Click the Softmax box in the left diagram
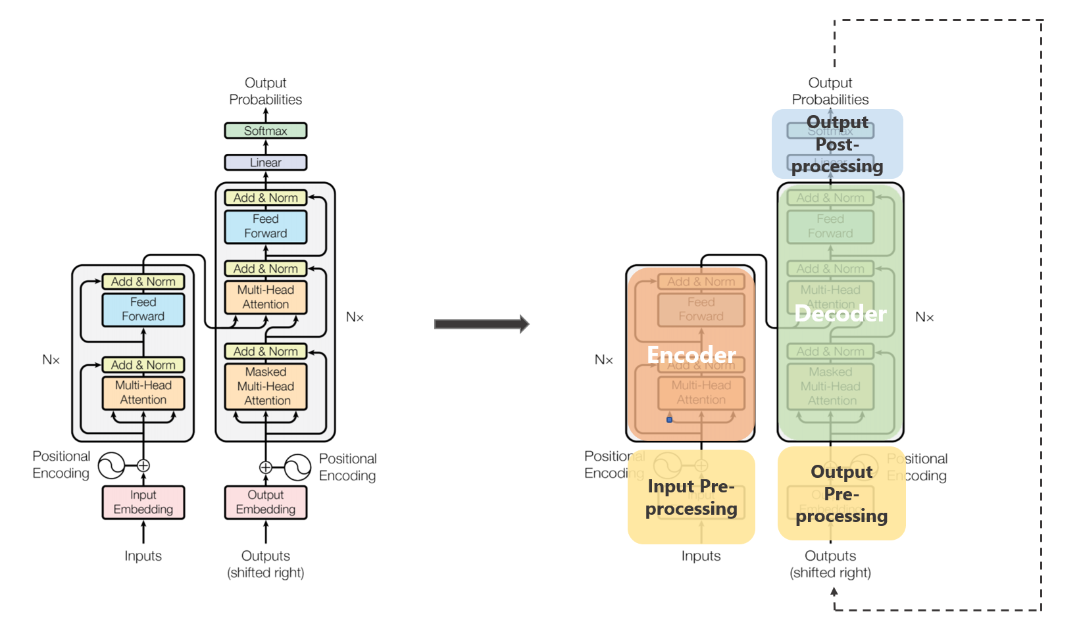point(265,131)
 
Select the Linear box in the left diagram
point(265,162)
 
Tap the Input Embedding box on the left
point(143,502)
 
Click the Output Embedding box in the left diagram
point(265,502)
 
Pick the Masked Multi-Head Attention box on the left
point(266,387)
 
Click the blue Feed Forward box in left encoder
point(143,310)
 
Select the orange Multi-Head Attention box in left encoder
point(143,392)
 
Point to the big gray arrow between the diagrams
point(481,323)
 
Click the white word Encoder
point(691,355)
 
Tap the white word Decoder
point(840,314)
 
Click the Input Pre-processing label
point(691,498)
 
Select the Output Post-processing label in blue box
point(837,144)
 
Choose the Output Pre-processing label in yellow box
point(841,494)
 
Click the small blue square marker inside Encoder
point(669,419)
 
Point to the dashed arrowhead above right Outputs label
point(834,592)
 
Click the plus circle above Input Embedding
point(143,466)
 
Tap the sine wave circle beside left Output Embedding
point(297,467)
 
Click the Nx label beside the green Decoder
point(924,318)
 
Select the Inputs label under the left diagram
point(143,556)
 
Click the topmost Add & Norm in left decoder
point(265,198)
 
